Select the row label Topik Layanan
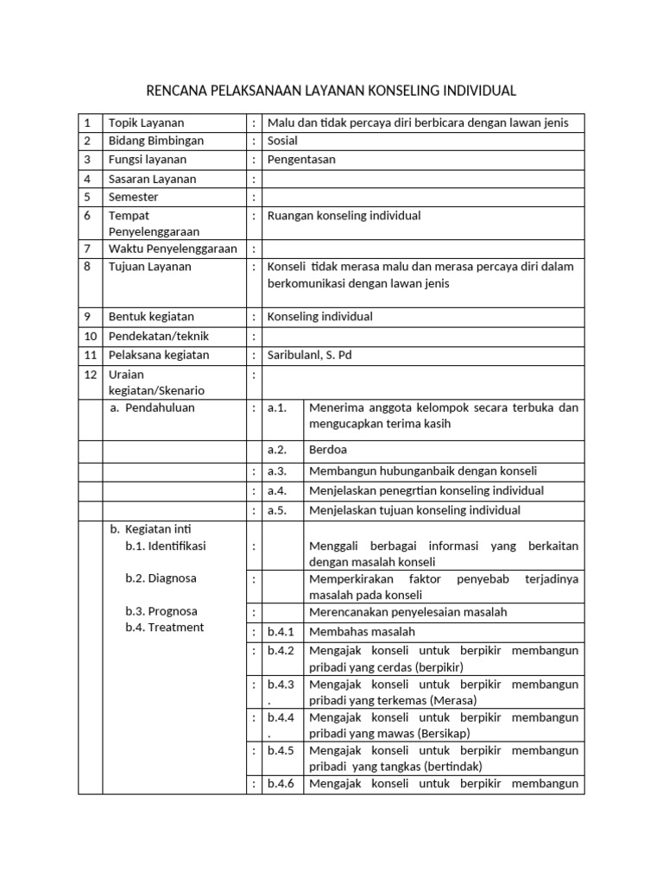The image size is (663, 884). (146, 123)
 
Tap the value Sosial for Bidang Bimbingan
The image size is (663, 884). (282, 141)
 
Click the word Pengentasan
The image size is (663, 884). (301, 160)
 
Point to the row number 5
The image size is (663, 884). (87, 197)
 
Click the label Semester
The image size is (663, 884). (134, 197)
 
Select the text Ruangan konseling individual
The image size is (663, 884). (344, 216)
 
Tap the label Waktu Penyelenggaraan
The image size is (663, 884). (173, 249)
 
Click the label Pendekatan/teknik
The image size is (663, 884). (159, 336)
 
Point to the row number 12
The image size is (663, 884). (90, 376)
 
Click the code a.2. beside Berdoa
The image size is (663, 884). (277, 450)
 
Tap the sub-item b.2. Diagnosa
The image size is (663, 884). (161, 578)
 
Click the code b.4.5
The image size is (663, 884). (281, 750)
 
